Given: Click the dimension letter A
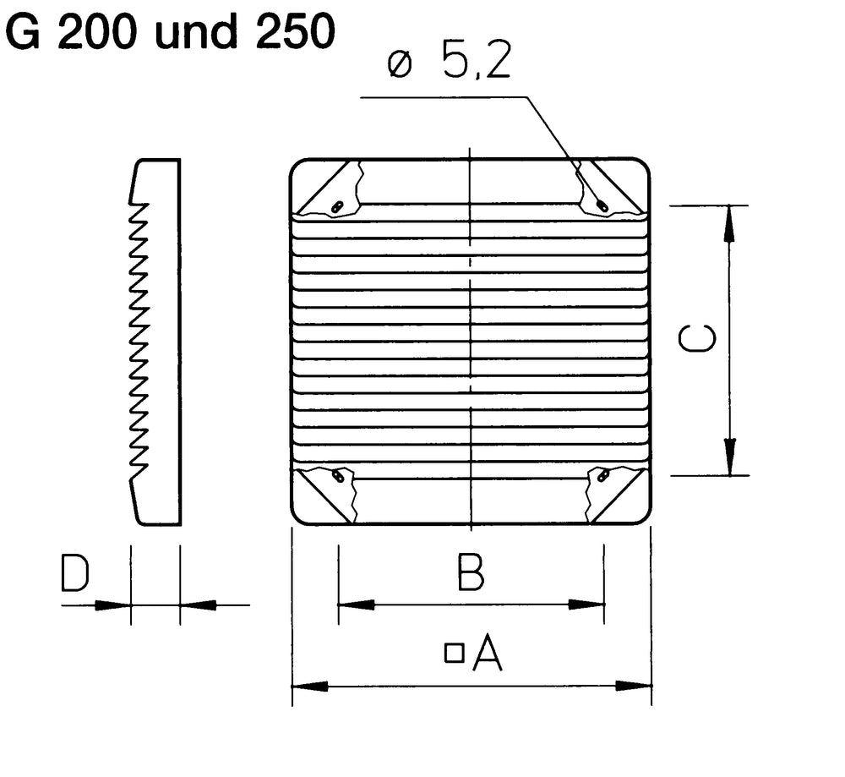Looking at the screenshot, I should [488, 653].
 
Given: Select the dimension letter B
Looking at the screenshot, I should [470, 572].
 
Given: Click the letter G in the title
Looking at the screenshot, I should [27, 31].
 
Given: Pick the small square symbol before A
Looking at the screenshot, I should [455, 652].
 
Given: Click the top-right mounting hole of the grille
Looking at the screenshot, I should [602, 205].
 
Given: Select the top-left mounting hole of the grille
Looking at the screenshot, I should [336, 206].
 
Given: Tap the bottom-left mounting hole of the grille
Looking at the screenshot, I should [338, 477].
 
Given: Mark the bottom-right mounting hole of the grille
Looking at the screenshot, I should [602, 477].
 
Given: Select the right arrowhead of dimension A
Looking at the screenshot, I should [636, 686].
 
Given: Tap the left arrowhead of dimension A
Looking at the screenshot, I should [308, 686].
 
